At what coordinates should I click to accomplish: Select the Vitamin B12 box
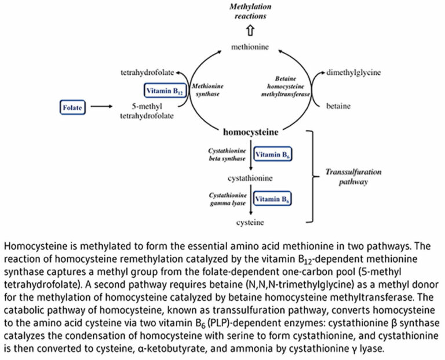pyautogui.click(x=163, y=90)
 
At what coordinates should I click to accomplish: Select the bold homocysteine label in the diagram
pyautogui.click(x=250, y=132)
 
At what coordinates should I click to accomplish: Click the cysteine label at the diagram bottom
pyautogui.click(x=250, y=222)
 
